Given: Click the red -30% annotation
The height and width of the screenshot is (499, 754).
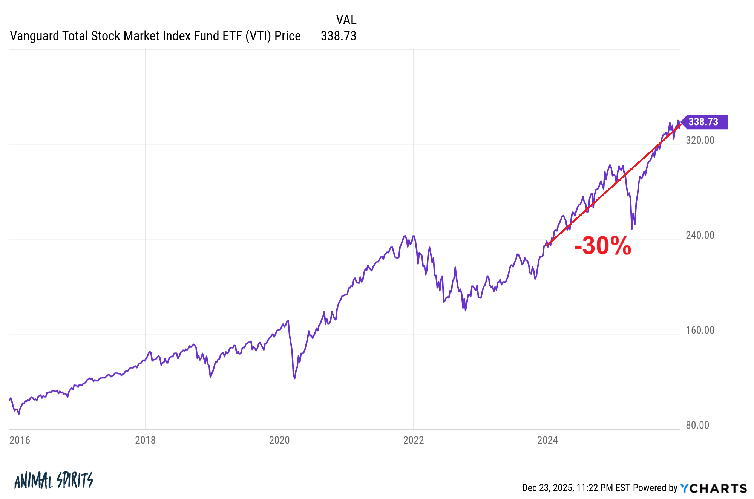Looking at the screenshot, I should tap(602, 246).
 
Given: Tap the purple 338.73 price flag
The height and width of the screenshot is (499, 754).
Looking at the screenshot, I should tap(703, 122).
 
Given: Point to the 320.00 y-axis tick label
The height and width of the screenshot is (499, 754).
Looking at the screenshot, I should tap(700, 140).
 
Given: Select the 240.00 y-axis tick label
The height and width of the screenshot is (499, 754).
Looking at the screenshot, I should tap(700, 235).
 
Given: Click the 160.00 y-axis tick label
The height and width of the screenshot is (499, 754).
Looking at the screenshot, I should tap(700, 330).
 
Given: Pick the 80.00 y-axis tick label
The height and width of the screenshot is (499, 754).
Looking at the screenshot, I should tap(697, 425).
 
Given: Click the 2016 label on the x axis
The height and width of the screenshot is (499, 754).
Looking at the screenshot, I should tap(20, 440).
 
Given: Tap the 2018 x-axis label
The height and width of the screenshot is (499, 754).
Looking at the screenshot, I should tap(145, 440).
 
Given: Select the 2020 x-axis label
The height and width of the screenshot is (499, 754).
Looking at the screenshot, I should tap(279, 440).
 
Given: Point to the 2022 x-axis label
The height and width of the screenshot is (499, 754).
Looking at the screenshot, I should tap(414, 440).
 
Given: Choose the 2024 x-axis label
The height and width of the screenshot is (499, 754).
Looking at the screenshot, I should tap(547, 440).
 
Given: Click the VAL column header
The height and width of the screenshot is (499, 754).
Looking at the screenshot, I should tap(346, 20).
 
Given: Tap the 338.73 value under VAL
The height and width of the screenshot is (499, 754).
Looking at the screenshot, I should tap(339, 36).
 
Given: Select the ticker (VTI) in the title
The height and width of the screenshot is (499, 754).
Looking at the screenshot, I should tap(258, 36).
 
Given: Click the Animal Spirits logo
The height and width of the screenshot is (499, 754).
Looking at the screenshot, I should tap(54, 481).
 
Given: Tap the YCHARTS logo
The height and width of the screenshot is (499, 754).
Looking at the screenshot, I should tap(713, 488).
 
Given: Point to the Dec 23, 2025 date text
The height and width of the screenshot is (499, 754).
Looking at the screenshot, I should tap(547, 488).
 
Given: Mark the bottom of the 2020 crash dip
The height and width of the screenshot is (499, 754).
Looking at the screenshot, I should tap(294, 378).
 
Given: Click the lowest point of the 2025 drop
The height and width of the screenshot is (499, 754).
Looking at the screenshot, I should tap(632, 228).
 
